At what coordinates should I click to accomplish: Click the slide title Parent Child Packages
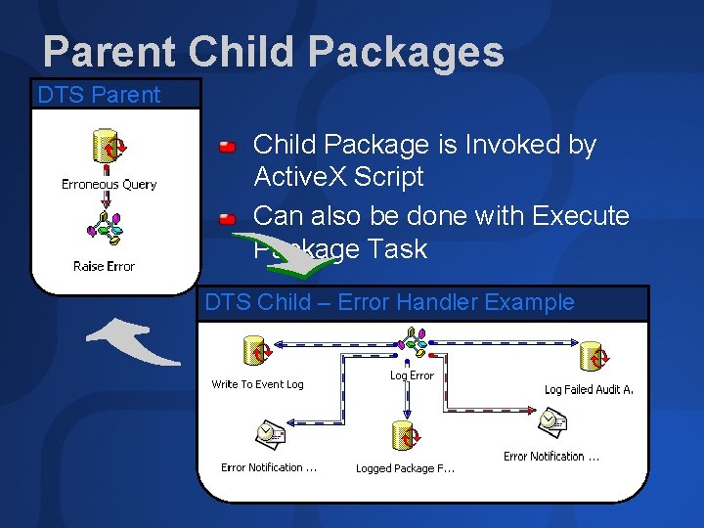(x=273, y=52)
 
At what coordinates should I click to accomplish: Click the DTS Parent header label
(x=98, y=95)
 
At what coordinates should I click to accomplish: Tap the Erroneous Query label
(x=109, y=184)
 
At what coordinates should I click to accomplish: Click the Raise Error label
(x=104, y=266)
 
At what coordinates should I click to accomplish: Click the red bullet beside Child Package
(x=227, y=147)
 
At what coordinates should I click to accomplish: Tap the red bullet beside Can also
(x=227, y=216)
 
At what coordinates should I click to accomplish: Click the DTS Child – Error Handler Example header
(x=390, y=302)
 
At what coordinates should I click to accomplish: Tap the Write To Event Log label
(x=257, y=384)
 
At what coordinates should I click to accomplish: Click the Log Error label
(x=412, y=375)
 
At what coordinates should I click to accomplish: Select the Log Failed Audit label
(x=589, y=389)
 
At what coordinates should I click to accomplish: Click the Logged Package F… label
(x=405, y=468)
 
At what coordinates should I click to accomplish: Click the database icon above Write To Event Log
(x=257, y=349)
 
